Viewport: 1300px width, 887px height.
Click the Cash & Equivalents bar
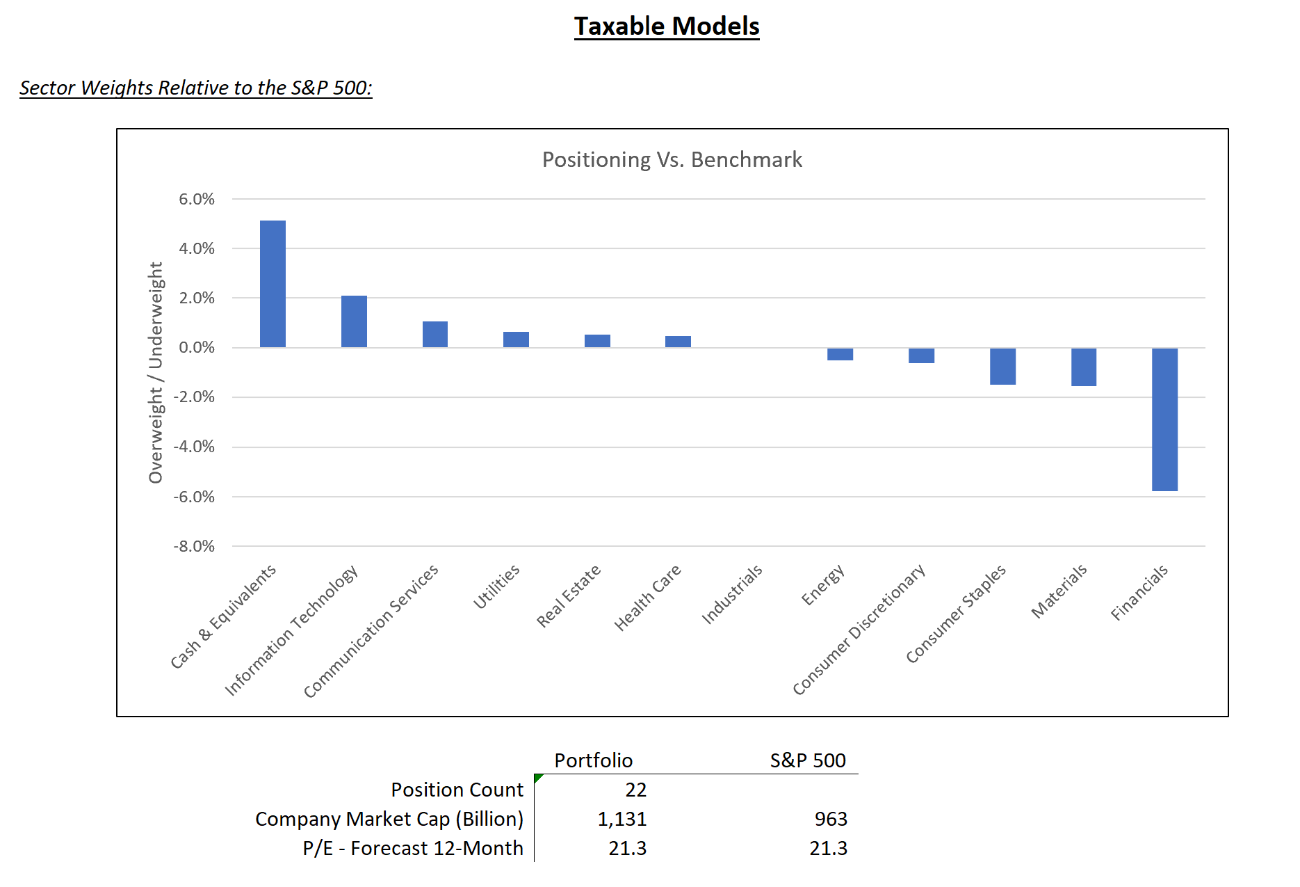[x=273, y=284]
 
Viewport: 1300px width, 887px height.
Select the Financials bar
[x=1164, y=419]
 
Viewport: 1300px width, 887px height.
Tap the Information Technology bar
[x=354, y=321]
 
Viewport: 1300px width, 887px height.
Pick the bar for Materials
[x=1083, y=367]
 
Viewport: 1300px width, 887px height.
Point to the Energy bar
[x=840, y=354]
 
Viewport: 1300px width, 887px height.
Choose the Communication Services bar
[x=435, y=335]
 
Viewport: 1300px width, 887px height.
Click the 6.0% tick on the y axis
[x=197, y=200]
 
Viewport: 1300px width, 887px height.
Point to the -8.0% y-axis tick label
[x=194, y=547]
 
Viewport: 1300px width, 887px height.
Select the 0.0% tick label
[x=197, y=348]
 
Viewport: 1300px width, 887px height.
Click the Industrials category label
[x=731, y=595]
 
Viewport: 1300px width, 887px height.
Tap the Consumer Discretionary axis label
[x=859, y=630]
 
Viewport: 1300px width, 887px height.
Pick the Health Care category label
[x=647, y=598]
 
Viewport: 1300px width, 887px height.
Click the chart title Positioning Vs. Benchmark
[x=672, y=160]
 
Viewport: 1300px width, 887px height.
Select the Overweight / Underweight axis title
[x=156, y=372]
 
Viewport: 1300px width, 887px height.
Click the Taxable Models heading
[x=667, y=26]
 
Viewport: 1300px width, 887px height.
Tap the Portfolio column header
[x=593, y=760]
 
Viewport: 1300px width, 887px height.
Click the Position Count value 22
[x=635, y=790]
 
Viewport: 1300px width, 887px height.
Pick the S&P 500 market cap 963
[x=831, y=820]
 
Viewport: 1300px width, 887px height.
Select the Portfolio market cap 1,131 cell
[x=622, y=820]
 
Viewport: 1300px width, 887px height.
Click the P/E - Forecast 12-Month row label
[x=413, y=849]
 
